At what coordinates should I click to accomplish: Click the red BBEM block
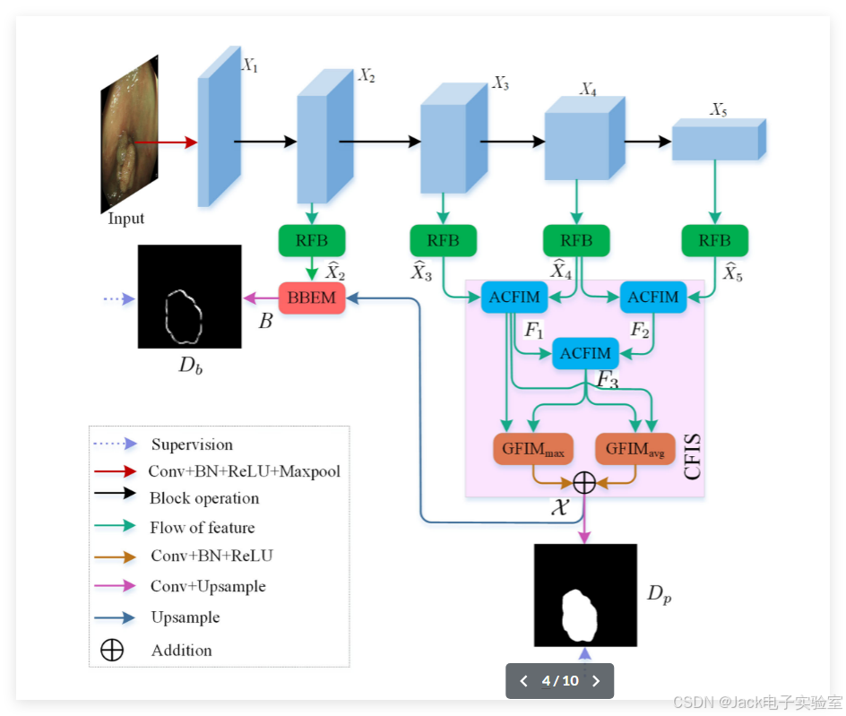click(x=311, y=298)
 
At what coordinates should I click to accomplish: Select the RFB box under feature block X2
click(x=311, y=240)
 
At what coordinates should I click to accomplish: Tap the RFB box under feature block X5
click(x=714, y=240)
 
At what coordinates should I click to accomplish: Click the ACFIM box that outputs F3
click(x=585, y=353)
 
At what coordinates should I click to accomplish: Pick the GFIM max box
click(x=532, y=449)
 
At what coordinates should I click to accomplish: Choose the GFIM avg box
click(x=634, y=449)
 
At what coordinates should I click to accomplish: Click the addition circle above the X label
click(x=583, y=483)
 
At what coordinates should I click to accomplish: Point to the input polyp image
click(x=129, y=134)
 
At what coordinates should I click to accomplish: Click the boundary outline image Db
click(x=189, y=297)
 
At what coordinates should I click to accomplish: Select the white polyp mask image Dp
click(x=585, y=595)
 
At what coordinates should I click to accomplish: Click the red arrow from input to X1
click(x=165, y=142)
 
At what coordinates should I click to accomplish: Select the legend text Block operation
click(x=204, y=498)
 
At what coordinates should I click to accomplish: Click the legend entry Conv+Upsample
click(x=208, y=586)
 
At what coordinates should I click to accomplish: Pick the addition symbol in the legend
click(x=112, y=651)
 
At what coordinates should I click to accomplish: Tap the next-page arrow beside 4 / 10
click(x=596, y=681)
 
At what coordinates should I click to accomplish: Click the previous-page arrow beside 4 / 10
click(x=524, y=681)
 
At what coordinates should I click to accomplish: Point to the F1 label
click(x=534, y=331)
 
